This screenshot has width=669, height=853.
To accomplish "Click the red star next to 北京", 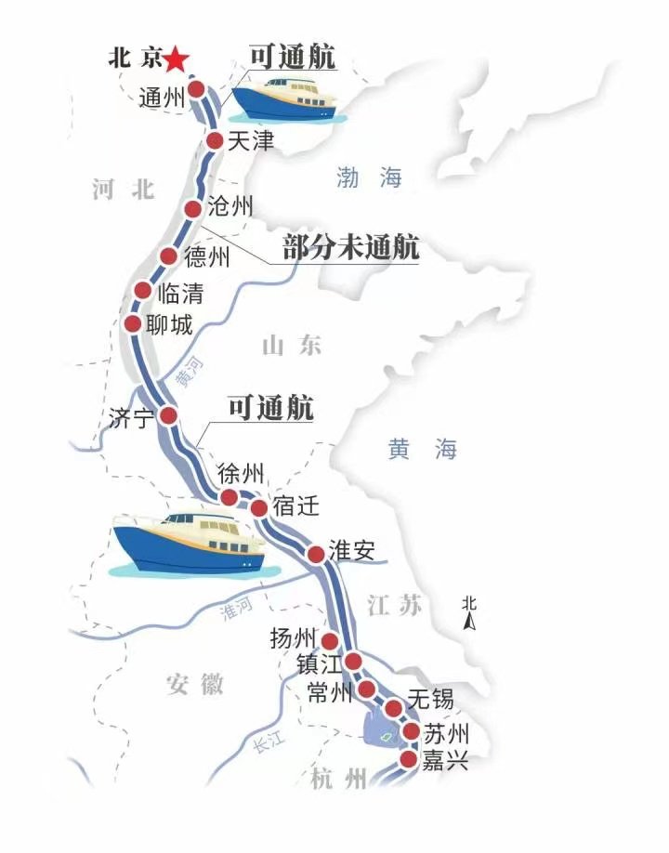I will pos(177,60).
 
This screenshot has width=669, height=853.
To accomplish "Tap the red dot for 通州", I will pos(197,90).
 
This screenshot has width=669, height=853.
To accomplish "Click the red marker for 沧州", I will pos(193,209).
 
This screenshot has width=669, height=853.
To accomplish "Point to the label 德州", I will pos(206,257).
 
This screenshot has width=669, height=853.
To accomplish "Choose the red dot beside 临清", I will pos(143,290).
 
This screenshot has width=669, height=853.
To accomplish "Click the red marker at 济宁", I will pos(168,415).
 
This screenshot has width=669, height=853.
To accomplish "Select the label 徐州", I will pos(241,472).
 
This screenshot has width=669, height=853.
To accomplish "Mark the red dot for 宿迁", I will pos(259,508).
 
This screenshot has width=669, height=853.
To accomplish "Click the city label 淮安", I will pos(352,550).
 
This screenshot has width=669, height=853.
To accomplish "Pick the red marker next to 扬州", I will pos(330,640).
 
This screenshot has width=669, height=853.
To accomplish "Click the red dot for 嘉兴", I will pos(407,761).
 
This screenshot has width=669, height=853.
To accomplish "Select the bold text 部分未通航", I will pos(350,248).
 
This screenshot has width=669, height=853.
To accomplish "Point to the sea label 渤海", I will pos(369,178).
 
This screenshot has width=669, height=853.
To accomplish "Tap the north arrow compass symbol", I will pos(470,614).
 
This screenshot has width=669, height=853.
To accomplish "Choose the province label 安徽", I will pos(195,685).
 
